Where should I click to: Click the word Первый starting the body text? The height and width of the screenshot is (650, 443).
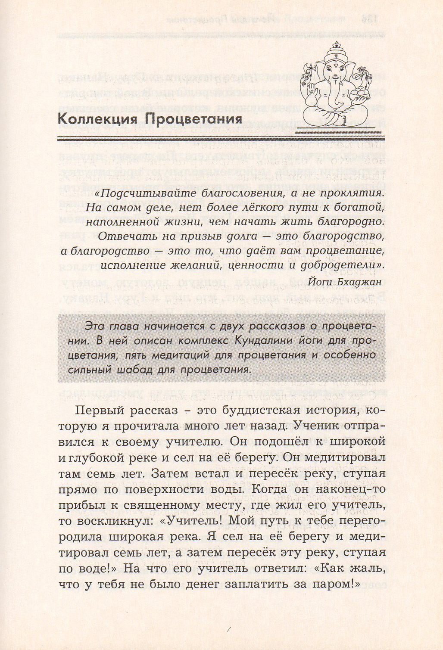(x=100, y=410)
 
